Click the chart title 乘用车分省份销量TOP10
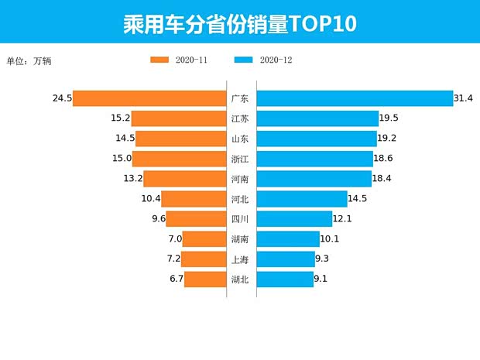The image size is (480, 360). pos(239,23)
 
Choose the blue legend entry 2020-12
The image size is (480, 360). pos(262,60)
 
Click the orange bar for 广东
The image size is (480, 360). pos(149,98)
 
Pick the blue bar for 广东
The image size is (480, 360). pos(354,98)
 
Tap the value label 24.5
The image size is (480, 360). pos(62,98)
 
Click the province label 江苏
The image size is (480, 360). pos(240,118)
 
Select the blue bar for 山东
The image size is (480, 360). pos(315,139)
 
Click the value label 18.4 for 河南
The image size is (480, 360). pos(384,179)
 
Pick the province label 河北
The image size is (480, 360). pos(240,199)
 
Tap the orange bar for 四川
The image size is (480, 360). pos(195,219)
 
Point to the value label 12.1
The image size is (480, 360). pos(342,219)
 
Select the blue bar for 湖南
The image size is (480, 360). pos(288,239)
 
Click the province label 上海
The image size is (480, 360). pos(240,259)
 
